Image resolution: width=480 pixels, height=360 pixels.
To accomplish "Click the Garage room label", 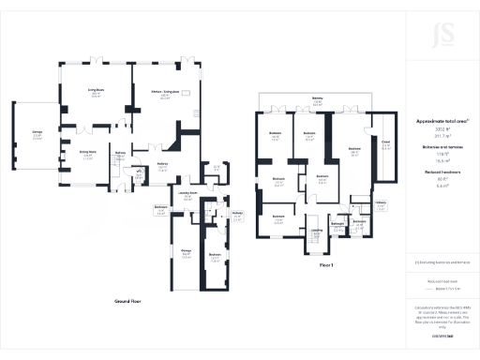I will (37, 132).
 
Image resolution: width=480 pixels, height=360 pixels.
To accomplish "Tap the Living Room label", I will (96, 90).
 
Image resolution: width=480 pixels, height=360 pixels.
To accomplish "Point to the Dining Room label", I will (86, 155).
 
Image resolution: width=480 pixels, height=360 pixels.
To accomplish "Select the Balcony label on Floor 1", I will (318, 100).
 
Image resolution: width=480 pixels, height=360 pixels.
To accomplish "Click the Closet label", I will (385, 144).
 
